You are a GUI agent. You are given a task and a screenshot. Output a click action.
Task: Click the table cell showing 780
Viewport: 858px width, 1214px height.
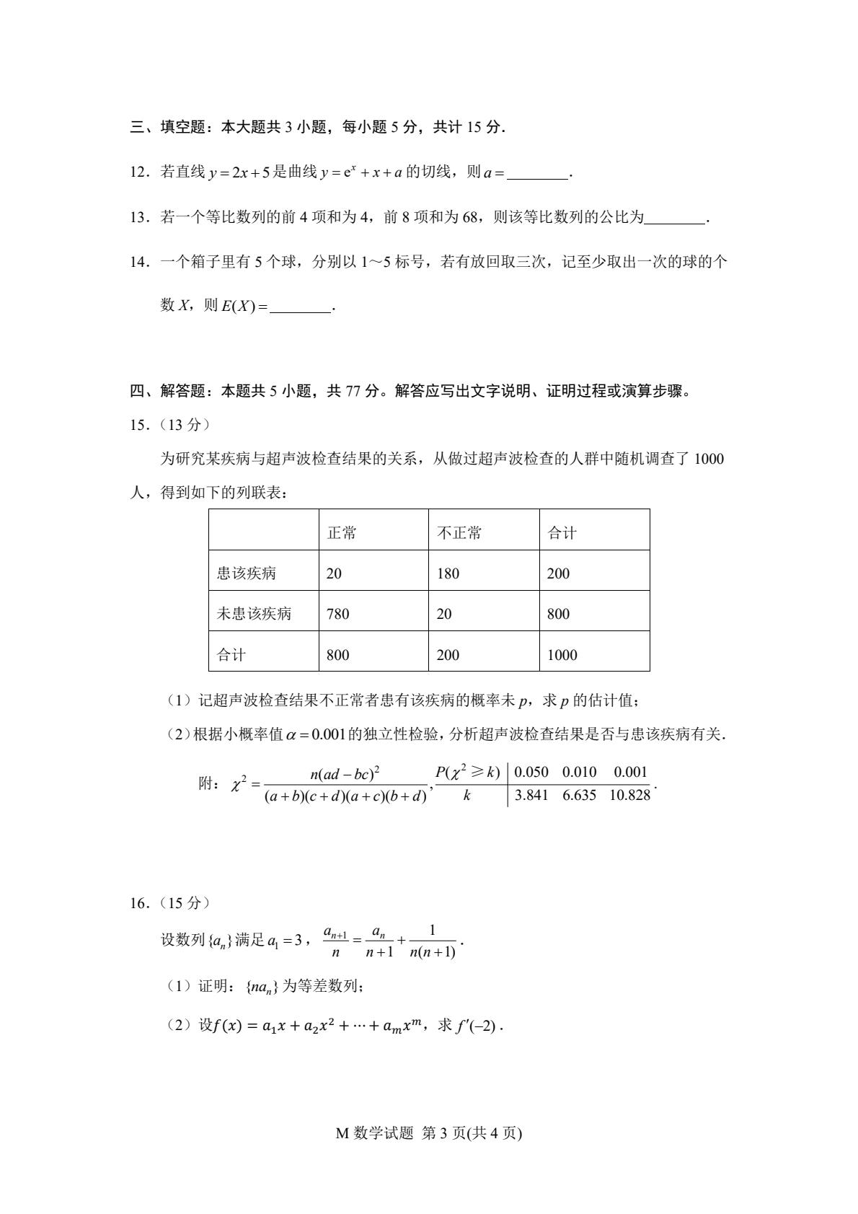pos(337,614)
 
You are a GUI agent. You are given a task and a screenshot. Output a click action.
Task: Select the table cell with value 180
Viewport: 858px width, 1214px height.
pos(448,573)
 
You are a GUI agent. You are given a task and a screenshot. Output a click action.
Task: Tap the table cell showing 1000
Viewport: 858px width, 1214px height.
pos(562,655)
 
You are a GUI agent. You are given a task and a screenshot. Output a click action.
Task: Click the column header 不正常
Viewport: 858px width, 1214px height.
pos(459,533)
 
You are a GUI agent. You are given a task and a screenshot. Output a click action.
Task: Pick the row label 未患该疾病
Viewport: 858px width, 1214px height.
pos(254,614)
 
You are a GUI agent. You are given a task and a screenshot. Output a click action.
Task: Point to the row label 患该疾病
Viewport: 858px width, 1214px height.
pos(247,573)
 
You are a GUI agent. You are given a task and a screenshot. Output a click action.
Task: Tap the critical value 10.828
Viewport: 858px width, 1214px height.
pos(629,795)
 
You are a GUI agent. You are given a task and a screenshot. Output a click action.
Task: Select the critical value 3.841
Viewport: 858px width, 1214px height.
pos(531,795)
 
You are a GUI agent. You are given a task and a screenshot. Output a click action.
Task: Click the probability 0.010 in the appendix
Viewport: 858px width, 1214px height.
pos(579,772)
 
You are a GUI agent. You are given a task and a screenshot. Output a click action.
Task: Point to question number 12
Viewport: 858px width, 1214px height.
pos(140,172)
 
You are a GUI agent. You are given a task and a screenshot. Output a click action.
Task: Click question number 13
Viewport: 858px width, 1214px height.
pos(140,217)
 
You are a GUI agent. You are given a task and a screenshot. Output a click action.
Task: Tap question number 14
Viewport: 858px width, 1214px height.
pos(140,262)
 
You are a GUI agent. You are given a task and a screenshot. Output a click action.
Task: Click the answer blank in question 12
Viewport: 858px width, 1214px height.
pos(538,173)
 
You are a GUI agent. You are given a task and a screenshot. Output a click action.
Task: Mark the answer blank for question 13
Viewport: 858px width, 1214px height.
pos(675,218)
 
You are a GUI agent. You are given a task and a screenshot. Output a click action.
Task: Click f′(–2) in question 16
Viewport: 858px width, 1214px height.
pos(477,1025)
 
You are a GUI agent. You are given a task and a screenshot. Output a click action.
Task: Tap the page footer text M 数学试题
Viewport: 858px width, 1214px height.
pos(375,1133)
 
